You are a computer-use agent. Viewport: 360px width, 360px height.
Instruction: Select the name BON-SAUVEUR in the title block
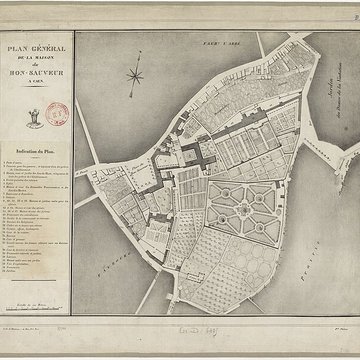(x=37, y=72)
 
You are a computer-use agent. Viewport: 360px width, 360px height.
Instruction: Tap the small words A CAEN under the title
(x=37, y=81)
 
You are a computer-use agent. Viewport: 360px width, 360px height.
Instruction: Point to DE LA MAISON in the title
(x=37, y=57)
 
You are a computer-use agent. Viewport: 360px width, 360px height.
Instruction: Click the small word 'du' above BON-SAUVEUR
(x=37, y=64)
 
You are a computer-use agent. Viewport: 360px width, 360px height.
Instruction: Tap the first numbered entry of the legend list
(x=20, y=151)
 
